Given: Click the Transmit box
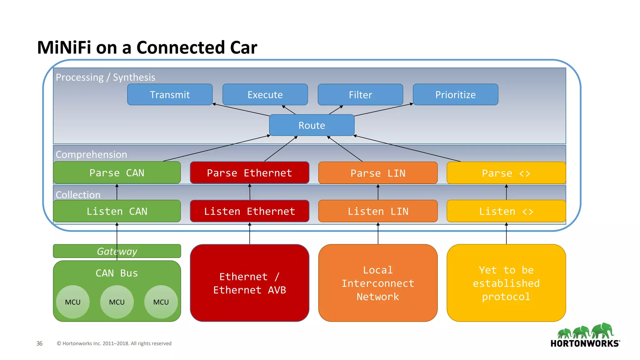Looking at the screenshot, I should point(170,94).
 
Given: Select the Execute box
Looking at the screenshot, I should point(265,94).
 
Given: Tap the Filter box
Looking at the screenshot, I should point(360,95).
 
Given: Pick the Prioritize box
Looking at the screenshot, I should point(455,94).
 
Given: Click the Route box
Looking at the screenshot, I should point(312,125).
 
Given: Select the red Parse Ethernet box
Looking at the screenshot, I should point(249,173).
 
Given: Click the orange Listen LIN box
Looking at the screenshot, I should point(378,211).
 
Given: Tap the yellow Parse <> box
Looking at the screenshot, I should point(506,173).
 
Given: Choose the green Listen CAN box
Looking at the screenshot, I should point(117,211).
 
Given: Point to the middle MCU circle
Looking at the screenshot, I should point(117,302).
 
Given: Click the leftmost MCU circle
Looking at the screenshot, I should point(73,302).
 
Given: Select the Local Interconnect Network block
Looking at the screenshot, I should point(378,283).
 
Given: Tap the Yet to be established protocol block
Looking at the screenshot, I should point(506,283).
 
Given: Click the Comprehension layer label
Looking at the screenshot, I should point(91,154).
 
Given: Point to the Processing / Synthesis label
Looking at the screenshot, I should point(105,77).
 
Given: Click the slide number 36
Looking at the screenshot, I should point(39,343).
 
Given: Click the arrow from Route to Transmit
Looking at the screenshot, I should point(241,110).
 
